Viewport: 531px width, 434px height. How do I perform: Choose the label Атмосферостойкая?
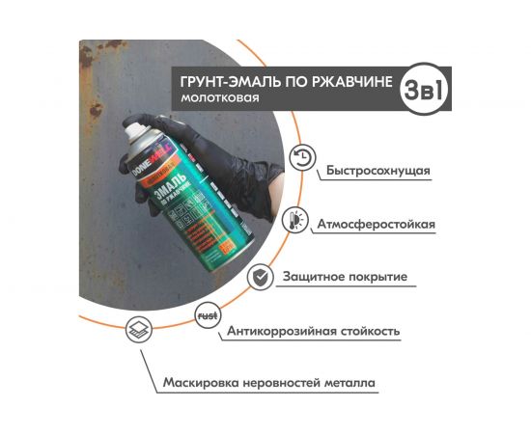coord(376,224)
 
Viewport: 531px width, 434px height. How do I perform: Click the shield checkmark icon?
coord(260,277)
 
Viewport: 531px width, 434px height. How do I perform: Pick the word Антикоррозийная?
coord(282,332)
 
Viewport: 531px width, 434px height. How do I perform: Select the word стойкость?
coord(371,332)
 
